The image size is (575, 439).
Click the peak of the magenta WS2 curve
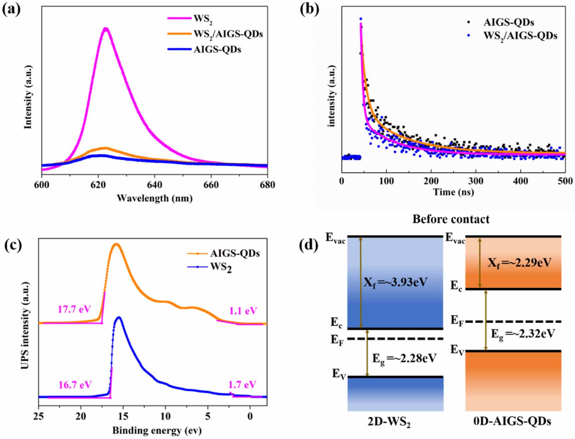[106, 29]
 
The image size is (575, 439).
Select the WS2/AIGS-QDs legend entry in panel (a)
[228, 34]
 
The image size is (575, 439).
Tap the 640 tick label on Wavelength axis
[154, 185]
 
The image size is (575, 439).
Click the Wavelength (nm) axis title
[155, 198]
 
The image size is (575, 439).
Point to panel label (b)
[309, 9]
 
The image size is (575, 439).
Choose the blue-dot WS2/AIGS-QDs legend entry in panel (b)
[520, 36]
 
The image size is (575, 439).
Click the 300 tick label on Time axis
[476, 181]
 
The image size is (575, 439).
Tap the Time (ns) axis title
[453, 192]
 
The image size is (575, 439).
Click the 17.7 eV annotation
[74, 309]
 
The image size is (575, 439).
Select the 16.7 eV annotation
[75, 385]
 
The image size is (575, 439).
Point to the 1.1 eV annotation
[243, 311]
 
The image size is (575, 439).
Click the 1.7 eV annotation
[242, 385]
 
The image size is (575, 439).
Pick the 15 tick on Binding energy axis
[123, 416]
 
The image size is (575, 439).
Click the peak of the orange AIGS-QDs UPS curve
[116, 244]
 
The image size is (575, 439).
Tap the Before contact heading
[451, 219]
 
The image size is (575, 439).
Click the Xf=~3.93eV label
[395, 283]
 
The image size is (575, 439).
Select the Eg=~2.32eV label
[523, 334]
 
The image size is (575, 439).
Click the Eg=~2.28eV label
[404, 359]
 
